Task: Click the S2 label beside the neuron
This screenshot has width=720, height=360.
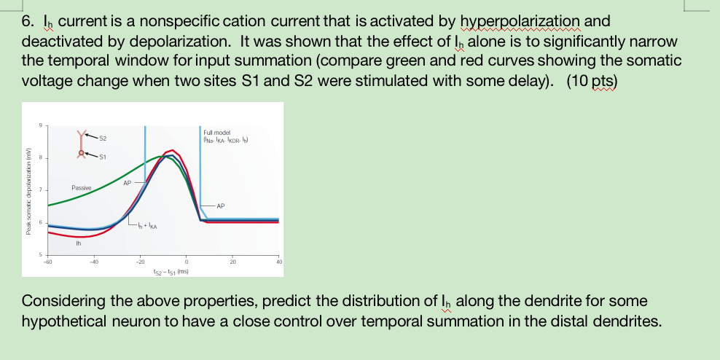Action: (102, 138)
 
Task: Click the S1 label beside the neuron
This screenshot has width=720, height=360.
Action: (102, 154)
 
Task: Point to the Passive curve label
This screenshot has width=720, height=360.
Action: (82, 188)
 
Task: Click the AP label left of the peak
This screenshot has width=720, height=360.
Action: (128, 183)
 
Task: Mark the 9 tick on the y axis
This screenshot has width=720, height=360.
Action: (41, 125)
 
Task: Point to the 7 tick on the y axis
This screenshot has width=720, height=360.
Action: (41, 190)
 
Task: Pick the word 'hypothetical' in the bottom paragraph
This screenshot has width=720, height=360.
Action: (62, 321)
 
